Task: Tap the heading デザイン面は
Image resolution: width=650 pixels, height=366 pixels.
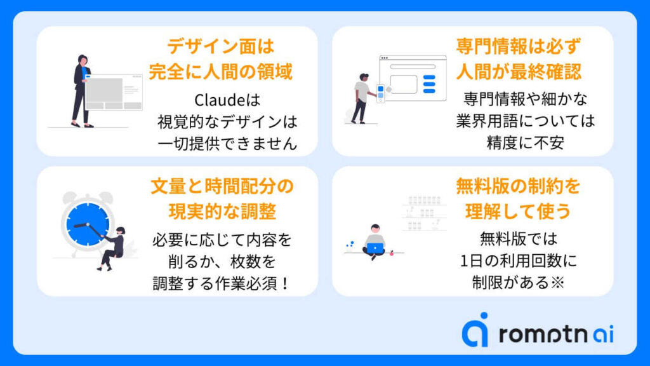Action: point(220,46)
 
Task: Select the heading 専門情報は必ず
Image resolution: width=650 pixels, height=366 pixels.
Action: point(518,46)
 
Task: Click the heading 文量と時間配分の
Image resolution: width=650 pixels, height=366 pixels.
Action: point(222,186)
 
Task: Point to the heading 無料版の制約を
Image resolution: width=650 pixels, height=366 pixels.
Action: point(518,186)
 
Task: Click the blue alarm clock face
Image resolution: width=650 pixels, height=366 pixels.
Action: point(88,224)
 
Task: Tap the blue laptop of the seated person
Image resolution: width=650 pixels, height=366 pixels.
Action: point(375,248)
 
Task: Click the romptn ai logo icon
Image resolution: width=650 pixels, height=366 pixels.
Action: point(476,330)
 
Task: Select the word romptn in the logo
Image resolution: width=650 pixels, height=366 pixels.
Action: point(543,334)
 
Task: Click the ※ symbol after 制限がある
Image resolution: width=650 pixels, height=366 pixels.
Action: point(557,283)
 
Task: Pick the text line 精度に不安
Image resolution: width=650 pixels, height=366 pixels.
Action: point(525,143)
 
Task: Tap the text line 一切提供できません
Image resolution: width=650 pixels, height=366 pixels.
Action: point(228,144)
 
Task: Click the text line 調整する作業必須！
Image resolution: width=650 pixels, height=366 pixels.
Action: point(222,284)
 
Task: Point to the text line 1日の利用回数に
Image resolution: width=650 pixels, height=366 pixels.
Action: point(518,261)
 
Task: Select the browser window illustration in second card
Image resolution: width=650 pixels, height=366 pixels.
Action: point(413,78)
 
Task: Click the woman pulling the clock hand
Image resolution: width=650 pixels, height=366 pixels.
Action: point(112,248)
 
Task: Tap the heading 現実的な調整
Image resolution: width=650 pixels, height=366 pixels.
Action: point(222,212)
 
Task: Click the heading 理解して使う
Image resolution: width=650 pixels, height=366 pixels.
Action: point(518,212)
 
